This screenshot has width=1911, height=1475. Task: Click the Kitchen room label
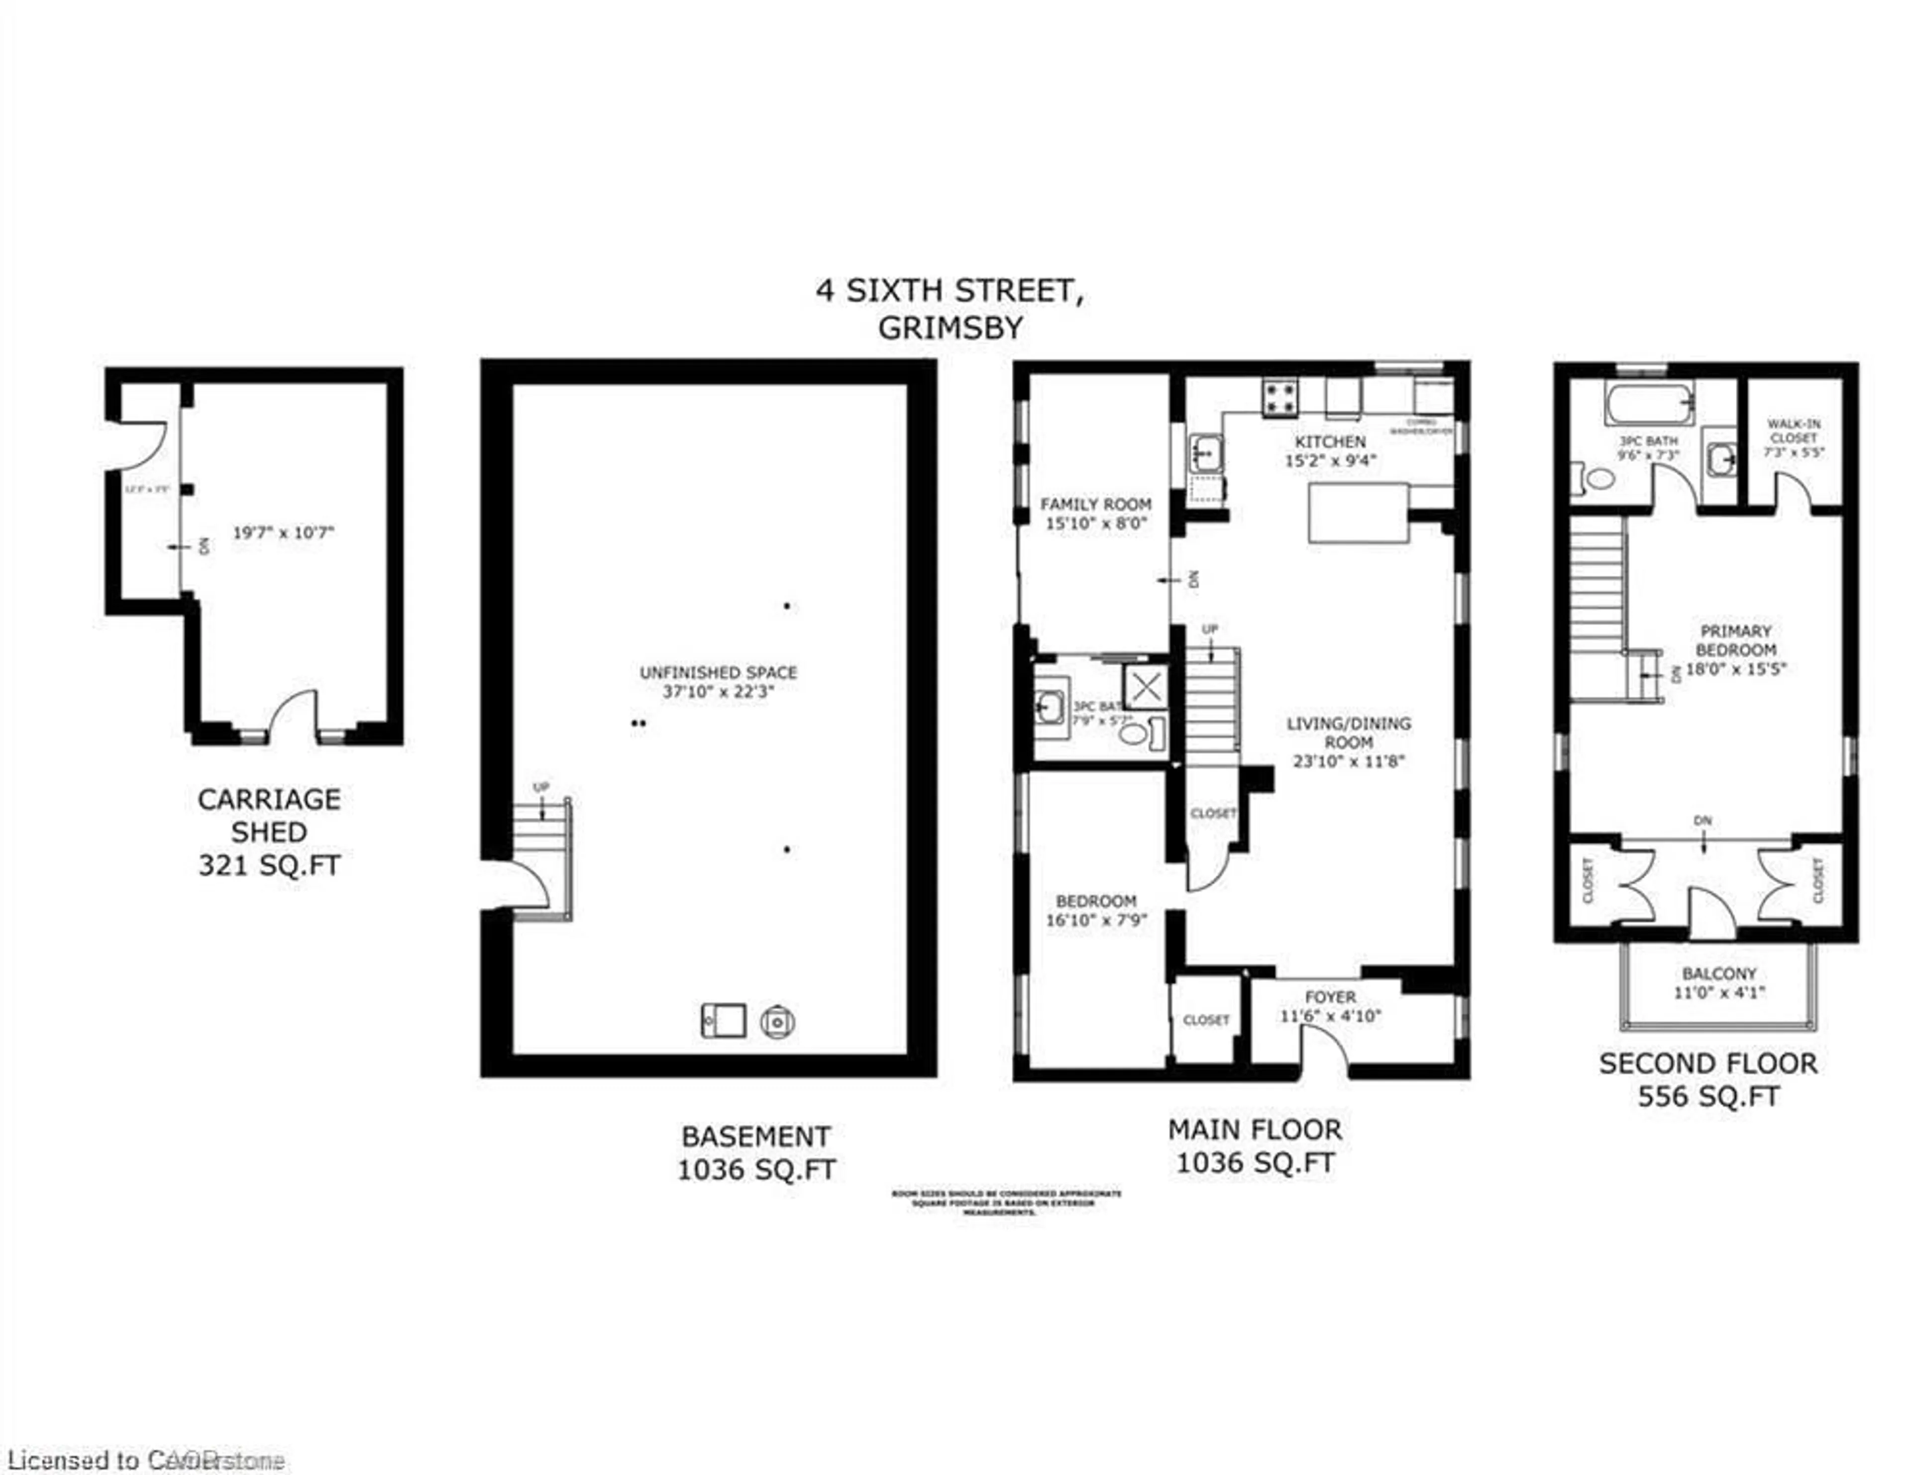point(1330,442)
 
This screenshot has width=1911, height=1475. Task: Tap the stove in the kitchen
point(1279,398)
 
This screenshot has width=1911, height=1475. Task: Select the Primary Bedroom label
point(1735,640)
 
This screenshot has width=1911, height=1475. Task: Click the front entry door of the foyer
point(1324,1046)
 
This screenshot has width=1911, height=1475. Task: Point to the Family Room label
point(1095,504)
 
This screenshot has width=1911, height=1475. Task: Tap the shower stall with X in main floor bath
point(1146,687)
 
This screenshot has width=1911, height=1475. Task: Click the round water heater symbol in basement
point(777,1021)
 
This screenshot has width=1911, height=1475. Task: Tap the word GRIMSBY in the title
point(950,327)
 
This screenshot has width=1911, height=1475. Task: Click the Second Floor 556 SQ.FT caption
point(1708,1079)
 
